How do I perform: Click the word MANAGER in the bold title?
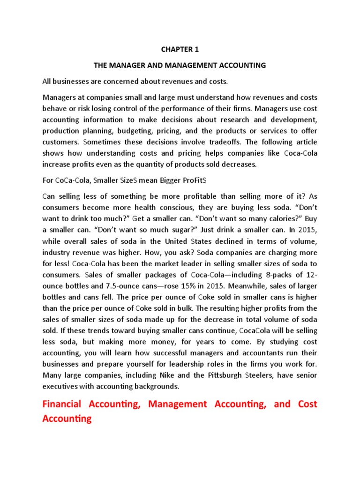click(x=125, y=66)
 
